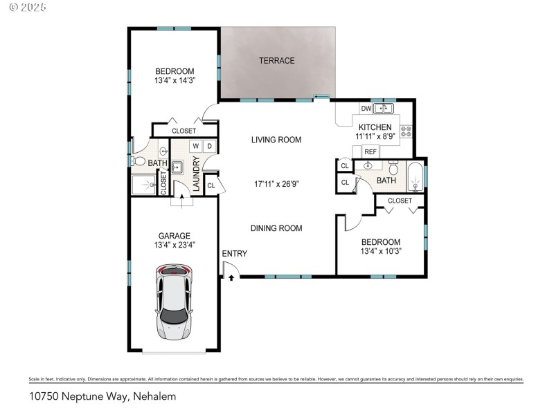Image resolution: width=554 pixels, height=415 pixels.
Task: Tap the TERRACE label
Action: [x=277, y=61]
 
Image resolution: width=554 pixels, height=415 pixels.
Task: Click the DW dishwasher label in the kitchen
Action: [x=366, y=109]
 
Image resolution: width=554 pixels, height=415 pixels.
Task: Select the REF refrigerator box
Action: [x=370, y=151]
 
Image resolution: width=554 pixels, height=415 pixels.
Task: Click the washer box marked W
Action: [x=195, y=146]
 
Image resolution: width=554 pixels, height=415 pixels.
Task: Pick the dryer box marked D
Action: [x=209, y=146]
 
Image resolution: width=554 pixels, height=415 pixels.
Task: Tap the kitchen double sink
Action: [x=383, y=109]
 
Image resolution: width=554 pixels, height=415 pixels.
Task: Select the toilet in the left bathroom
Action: [x=139, y=162]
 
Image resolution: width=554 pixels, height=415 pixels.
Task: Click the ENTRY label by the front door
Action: [x=234, y=254]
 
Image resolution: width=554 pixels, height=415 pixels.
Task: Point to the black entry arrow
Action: [x=231, y=277]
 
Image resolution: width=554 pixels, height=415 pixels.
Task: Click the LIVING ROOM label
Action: [x=276, y=140]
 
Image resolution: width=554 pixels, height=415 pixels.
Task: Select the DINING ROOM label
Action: [x=276, y=228]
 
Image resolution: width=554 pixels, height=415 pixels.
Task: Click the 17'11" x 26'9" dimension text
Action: [x=276, y=184]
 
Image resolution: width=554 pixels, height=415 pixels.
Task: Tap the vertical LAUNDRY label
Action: [x=197, y=174]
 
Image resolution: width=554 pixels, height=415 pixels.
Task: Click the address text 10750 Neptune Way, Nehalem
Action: [x=102, y=396]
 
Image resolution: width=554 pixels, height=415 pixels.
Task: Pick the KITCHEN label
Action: [x=375, y=127]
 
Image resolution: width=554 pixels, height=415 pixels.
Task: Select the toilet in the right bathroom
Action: [x=393, y=167]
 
